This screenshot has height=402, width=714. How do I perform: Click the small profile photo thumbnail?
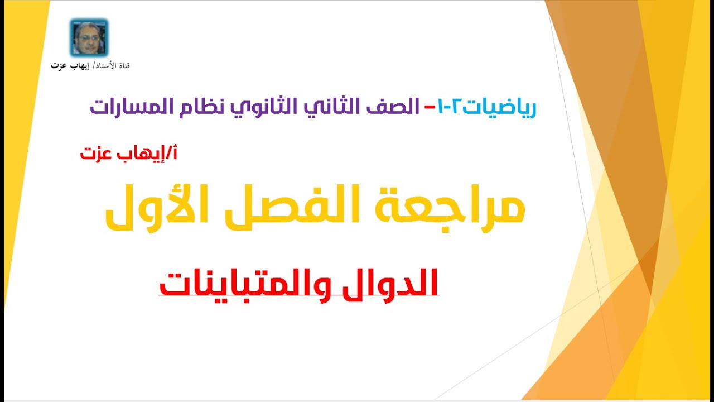click(89, 37)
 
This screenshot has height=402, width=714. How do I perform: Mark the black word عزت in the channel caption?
click(58, 66)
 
